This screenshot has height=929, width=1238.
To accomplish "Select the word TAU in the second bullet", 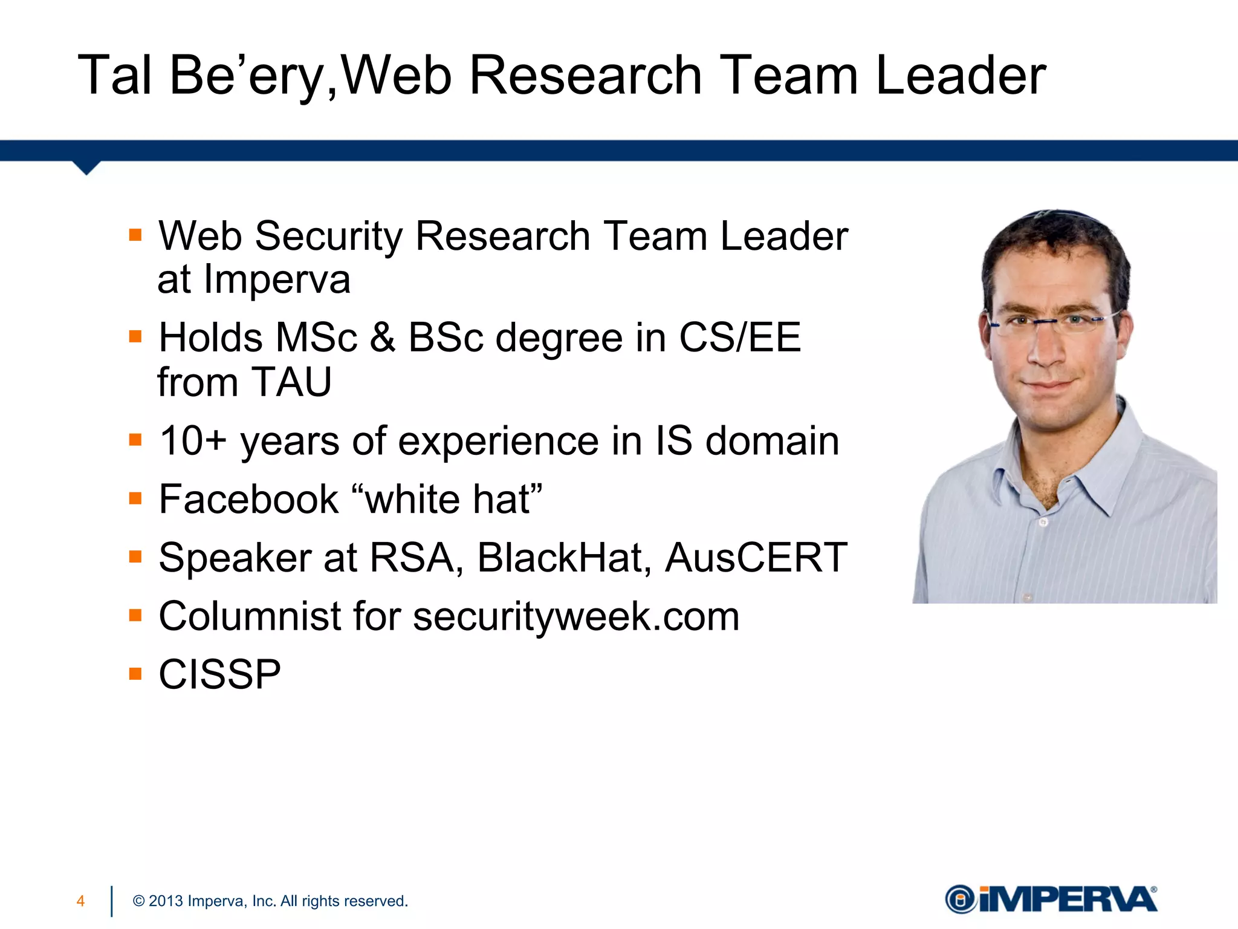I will coord(291,382).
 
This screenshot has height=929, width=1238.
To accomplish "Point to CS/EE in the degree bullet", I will coord(740,337).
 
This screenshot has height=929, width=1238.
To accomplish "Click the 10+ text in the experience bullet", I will coord(192,440).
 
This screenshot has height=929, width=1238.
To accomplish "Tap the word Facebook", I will coord(248,500).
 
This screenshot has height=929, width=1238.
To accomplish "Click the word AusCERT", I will coord(756,558).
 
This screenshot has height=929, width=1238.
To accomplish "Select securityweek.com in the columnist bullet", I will coord(576,617).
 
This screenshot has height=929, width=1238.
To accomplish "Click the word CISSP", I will coord(219,674).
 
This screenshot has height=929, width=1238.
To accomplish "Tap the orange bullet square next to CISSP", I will coord(135,674).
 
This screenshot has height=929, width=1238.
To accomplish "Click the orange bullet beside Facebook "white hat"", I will coord(135,498).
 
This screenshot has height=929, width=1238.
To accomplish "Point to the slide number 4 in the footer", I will coord(80,901).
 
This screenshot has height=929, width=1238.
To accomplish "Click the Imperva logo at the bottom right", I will coord(1051,899).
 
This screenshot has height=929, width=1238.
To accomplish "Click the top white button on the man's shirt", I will coord(1043,521).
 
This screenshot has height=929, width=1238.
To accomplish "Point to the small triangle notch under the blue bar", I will coord(86,168).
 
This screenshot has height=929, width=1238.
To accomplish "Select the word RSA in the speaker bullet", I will coord(412,558).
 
